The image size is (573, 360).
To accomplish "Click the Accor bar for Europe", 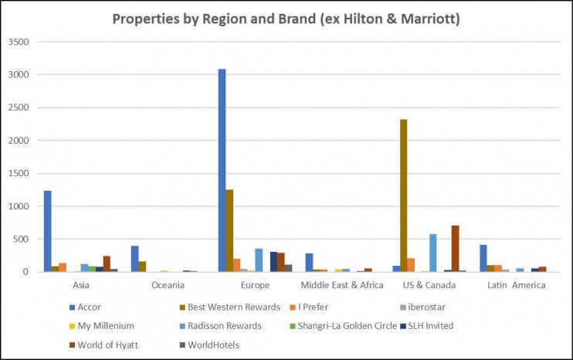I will click(x=222, y=170).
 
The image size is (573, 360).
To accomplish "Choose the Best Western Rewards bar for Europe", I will click(x=229, y=230).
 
